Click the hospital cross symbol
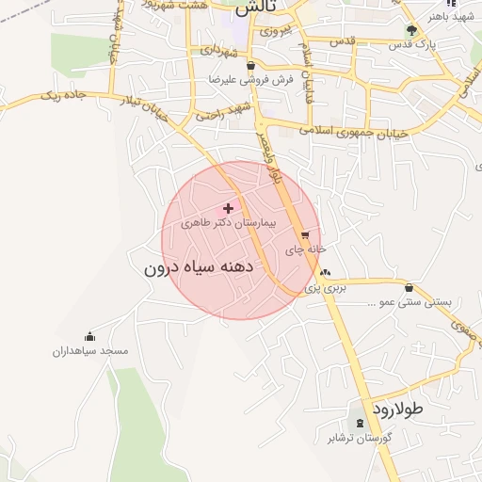click(x=229, y=207)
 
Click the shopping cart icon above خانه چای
click(x=304, y=235)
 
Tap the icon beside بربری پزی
click(x=326, y=273)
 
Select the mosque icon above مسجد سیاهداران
click(x=90, y=336)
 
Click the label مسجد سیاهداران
click(x=90, y=350)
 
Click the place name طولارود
click(x=399, y=410)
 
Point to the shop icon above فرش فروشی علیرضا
click(x=250, y=66)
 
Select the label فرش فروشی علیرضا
click(x=251, y=80)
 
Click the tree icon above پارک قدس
click(x=410, y=28)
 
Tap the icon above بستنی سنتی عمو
click(x=409, y=287)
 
